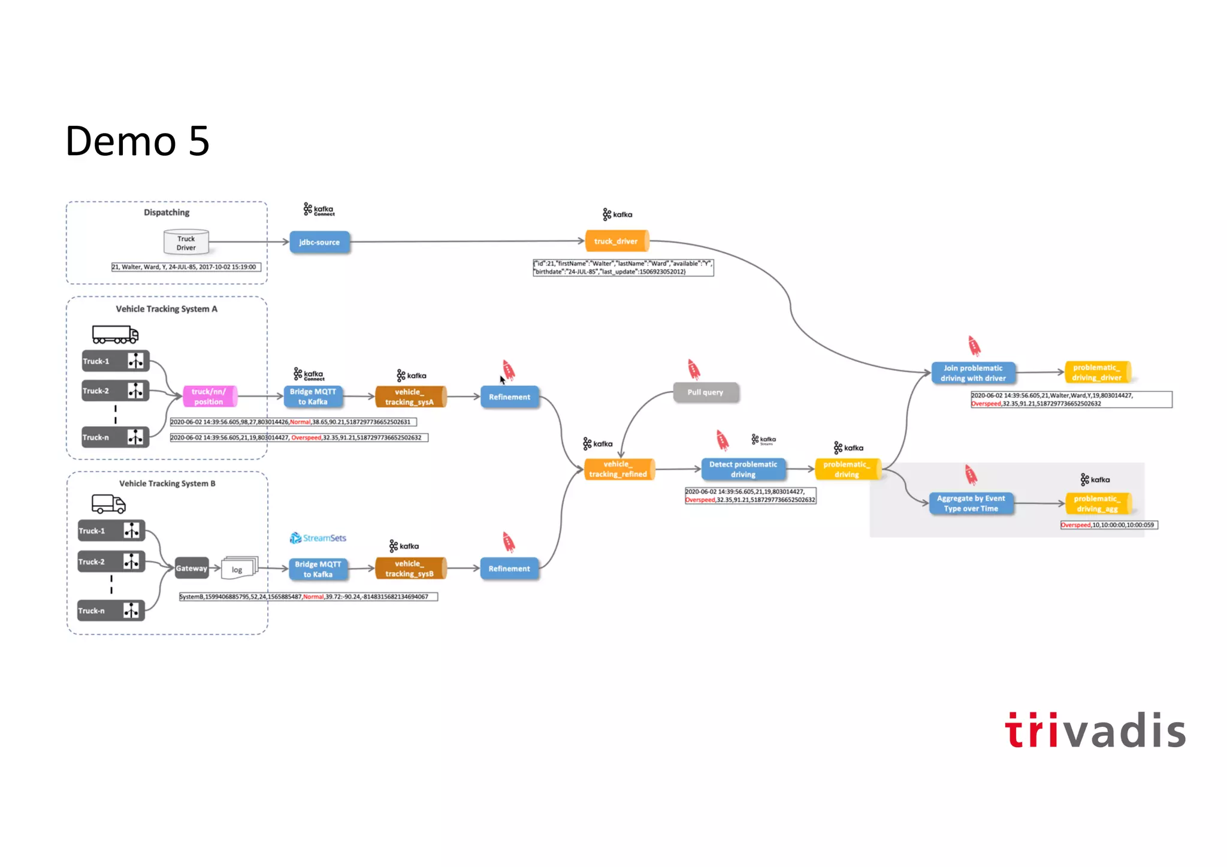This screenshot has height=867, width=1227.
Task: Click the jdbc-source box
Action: point(319,242)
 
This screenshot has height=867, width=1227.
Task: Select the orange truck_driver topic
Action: point(616,241)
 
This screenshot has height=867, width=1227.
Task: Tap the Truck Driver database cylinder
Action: point(186,243)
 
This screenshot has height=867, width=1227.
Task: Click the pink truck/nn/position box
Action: point(209,397)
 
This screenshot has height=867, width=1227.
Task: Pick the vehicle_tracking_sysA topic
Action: point(410,397)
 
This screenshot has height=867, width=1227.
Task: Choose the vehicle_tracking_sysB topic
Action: point(410,569)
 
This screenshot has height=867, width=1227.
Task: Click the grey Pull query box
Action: point(705,392)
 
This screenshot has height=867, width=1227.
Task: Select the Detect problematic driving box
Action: point(743,469)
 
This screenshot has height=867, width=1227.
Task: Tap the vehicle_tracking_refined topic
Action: point(618,469)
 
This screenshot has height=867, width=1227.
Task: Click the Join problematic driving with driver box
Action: point(973,373)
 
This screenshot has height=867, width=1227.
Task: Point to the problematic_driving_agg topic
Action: point(1097,503)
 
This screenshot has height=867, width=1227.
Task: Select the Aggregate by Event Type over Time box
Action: point(971,503)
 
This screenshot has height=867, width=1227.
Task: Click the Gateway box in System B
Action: point(192,568)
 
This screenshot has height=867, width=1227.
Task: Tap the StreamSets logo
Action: point(318,538)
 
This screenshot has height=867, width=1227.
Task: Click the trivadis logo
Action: point(1095,730)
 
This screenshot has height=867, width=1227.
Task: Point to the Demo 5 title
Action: point(137,141)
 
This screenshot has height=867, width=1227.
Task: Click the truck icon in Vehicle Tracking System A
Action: point(115,334)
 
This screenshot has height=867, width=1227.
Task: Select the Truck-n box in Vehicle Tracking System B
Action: point(111,611)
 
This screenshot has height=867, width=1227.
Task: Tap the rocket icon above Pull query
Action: point(694,369)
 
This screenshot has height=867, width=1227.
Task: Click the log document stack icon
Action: point(239,568)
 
